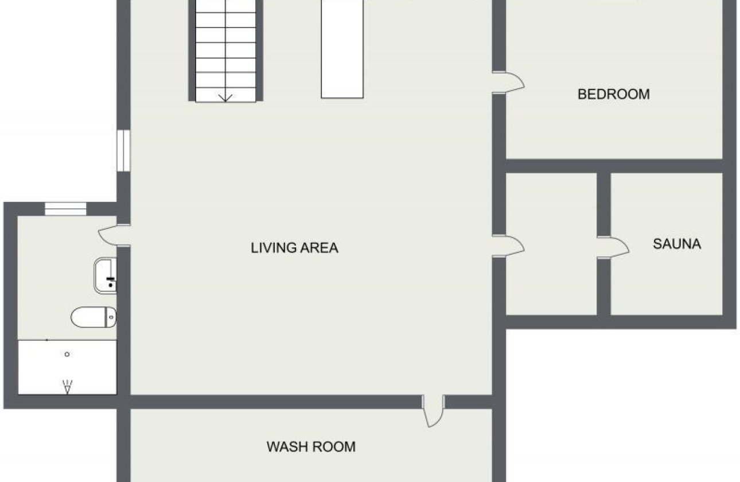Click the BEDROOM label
[613, 94]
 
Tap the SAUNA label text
[676, 244]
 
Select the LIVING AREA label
[294, 248]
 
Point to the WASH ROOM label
[311, 446]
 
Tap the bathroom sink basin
[106, 275]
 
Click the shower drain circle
[67, 354]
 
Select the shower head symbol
[67, 387]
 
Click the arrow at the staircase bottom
[225, 96]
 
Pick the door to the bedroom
[509, 82]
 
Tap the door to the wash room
[433, 411]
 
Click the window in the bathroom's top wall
[65, 209]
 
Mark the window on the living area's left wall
[123, 150]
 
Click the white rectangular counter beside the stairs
[342, 49]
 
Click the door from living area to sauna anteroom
[509, 246]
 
